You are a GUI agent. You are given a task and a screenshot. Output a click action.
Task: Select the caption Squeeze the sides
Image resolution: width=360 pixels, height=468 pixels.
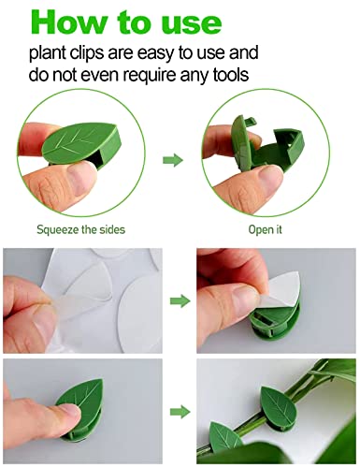pyautogui.click(x=80, y=227)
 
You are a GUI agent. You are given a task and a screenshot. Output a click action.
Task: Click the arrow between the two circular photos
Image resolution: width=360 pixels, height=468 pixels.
pyautogui.click(x=173, y=160)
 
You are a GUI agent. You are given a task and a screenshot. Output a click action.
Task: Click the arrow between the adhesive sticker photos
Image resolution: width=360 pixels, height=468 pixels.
pyautogui.click(x=173, y=301)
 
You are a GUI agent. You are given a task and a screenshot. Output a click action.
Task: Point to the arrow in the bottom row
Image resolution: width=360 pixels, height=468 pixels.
pyautogui.click(x=173, y=411)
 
